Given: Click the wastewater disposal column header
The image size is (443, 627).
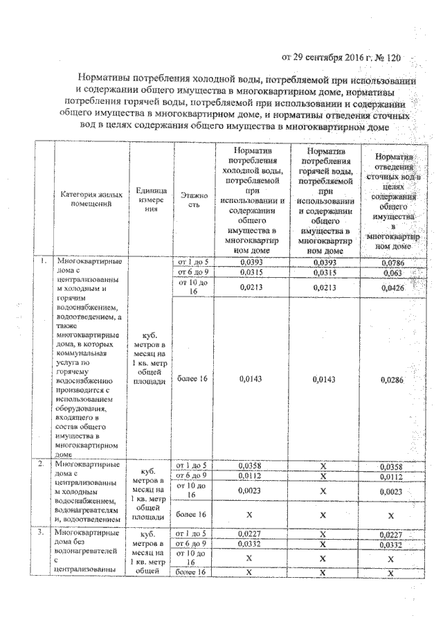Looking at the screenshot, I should (x=392, y=201).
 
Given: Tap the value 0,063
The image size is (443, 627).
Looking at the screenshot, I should (x=392, y=274).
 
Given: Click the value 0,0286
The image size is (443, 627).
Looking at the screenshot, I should (x=392, y=380).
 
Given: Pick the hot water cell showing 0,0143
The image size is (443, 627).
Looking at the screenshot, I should (x=324, y=380).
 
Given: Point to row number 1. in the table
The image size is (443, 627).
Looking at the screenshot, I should (x=43, y=262).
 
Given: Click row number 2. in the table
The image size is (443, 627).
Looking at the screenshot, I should (x=43, y=463).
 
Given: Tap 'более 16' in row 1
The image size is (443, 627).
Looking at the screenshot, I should (x=190, y=380).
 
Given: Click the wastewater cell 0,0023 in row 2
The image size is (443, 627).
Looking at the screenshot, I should (x=392, y=491).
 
